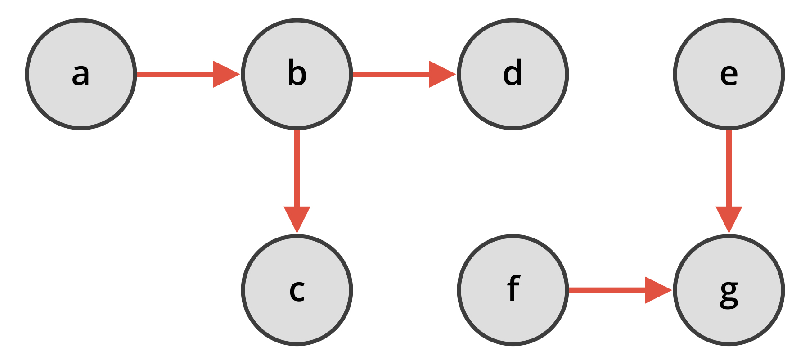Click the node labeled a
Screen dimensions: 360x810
81,74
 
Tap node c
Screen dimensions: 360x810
297,290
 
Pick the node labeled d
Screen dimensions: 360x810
513,74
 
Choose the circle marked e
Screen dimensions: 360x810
729,74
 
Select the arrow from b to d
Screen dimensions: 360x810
391,74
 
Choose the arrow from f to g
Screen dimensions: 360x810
607,290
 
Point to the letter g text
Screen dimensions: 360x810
729,292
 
